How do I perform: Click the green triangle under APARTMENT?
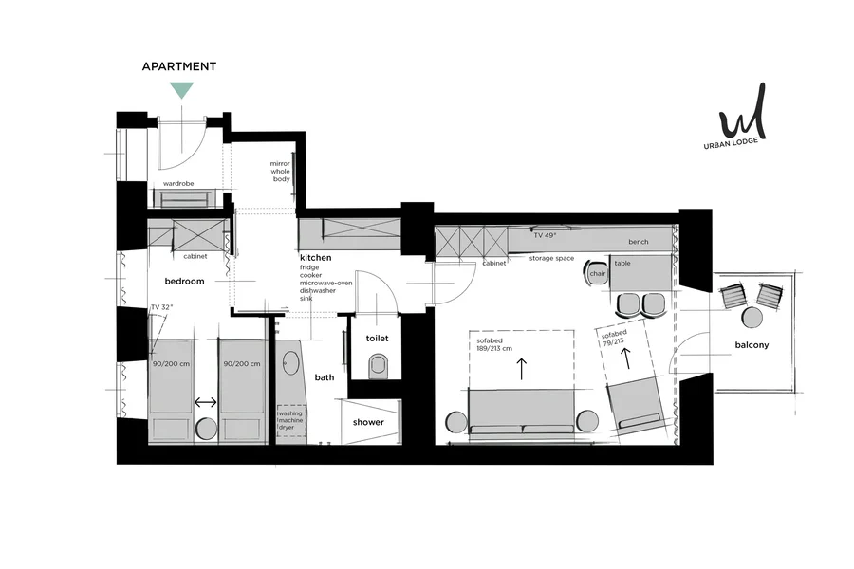coord(181,89)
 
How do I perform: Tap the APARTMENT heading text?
coord(179,66)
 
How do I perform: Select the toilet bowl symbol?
coord(378,365)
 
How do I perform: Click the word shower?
coord(368,422)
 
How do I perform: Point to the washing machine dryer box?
coord(292,420)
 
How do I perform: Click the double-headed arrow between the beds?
coord(206,402)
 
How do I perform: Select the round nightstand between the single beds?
coord(207,428)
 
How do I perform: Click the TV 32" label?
coord(161,307)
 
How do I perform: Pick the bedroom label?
coord(185,281)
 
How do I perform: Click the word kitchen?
coord(315,258)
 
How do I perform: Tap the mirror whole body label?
coord(281,171)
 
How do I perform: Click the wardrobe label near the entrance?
coord(178,183)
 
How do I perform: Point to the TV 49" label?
coord(545,236)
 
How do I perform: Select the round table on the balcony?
coord(752,318)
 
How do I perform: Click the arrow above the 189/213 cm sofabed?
coord(522,369)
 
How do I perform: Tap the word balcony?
coord(752,344)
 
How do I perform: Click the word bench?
coord(639,242)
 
